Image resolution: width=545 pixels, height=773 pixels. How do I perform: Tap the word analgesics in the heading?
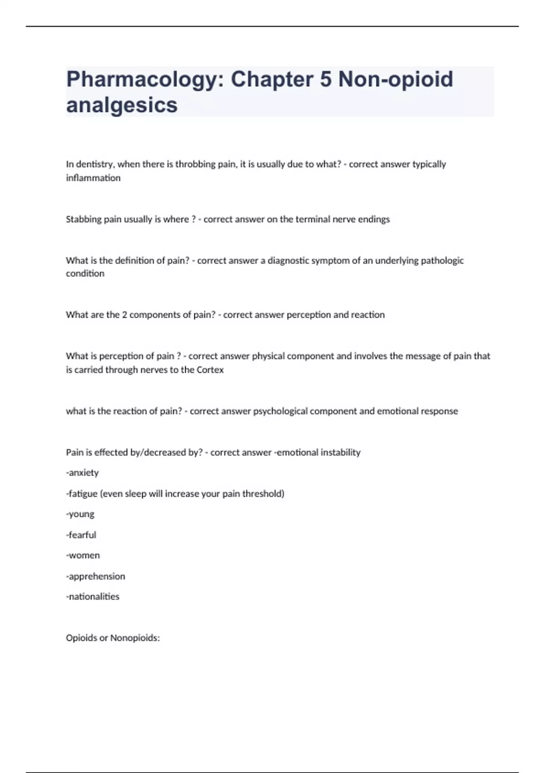click(x=122, y=105)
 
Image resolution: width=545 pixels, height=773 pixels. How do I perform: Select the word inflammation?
click(x=93, y=178)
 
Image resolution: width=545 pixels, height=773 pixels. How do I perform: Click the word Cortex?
click(x=210, y=370)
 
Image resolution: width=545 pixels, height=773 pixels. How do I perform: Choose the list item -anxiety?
click(x=82, y=473)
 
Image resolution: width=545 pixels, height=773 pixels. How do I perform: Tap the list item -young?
click(x=80, y=514)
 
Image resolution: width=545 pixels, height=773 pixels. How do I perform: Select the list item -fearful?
click(x=81, y=535)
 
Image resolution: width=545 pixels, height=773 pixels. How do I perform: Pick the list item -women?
click(x=83, y=555)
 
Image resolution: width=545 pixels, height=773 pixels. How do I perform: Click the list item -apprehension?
click(x=95, y=576)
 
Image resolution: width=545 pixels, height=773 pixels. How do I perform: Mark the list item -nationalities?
click(x=93, y=597)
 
